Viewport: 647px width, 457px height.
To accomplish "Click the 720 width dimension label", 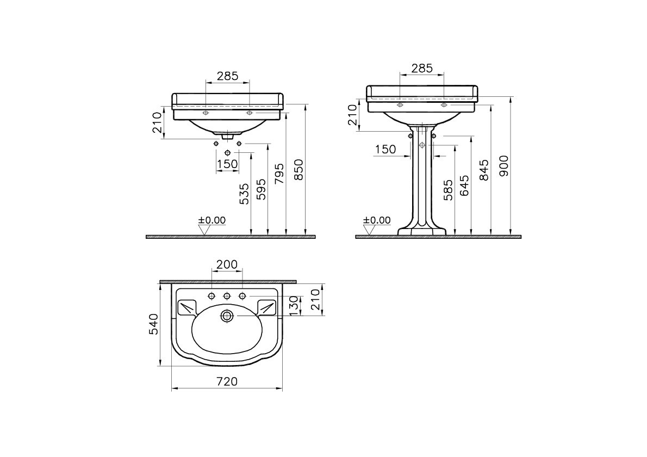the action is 227,381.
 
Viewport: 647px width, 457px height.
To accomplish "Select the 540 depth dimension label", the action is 153,324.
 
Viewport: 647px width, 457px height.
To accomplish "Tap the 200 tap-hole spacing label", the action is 227,264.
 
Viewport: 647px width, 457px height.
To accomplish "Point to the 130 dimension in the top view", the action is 293,306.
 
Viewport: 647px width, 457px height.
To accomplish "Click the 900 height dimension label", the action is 504,166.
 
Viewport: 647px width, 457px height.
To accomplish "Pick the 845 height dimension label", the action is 484,170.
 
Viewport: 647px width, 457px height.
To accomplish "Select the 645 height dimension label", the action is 465,185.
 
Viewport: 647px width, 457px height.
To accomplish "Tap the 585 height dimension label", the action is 448,190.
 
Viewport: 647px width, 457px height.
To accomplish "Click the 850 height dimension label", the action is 298,170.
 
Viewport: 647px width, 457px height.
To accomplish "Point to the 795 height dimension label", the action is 279,174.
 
